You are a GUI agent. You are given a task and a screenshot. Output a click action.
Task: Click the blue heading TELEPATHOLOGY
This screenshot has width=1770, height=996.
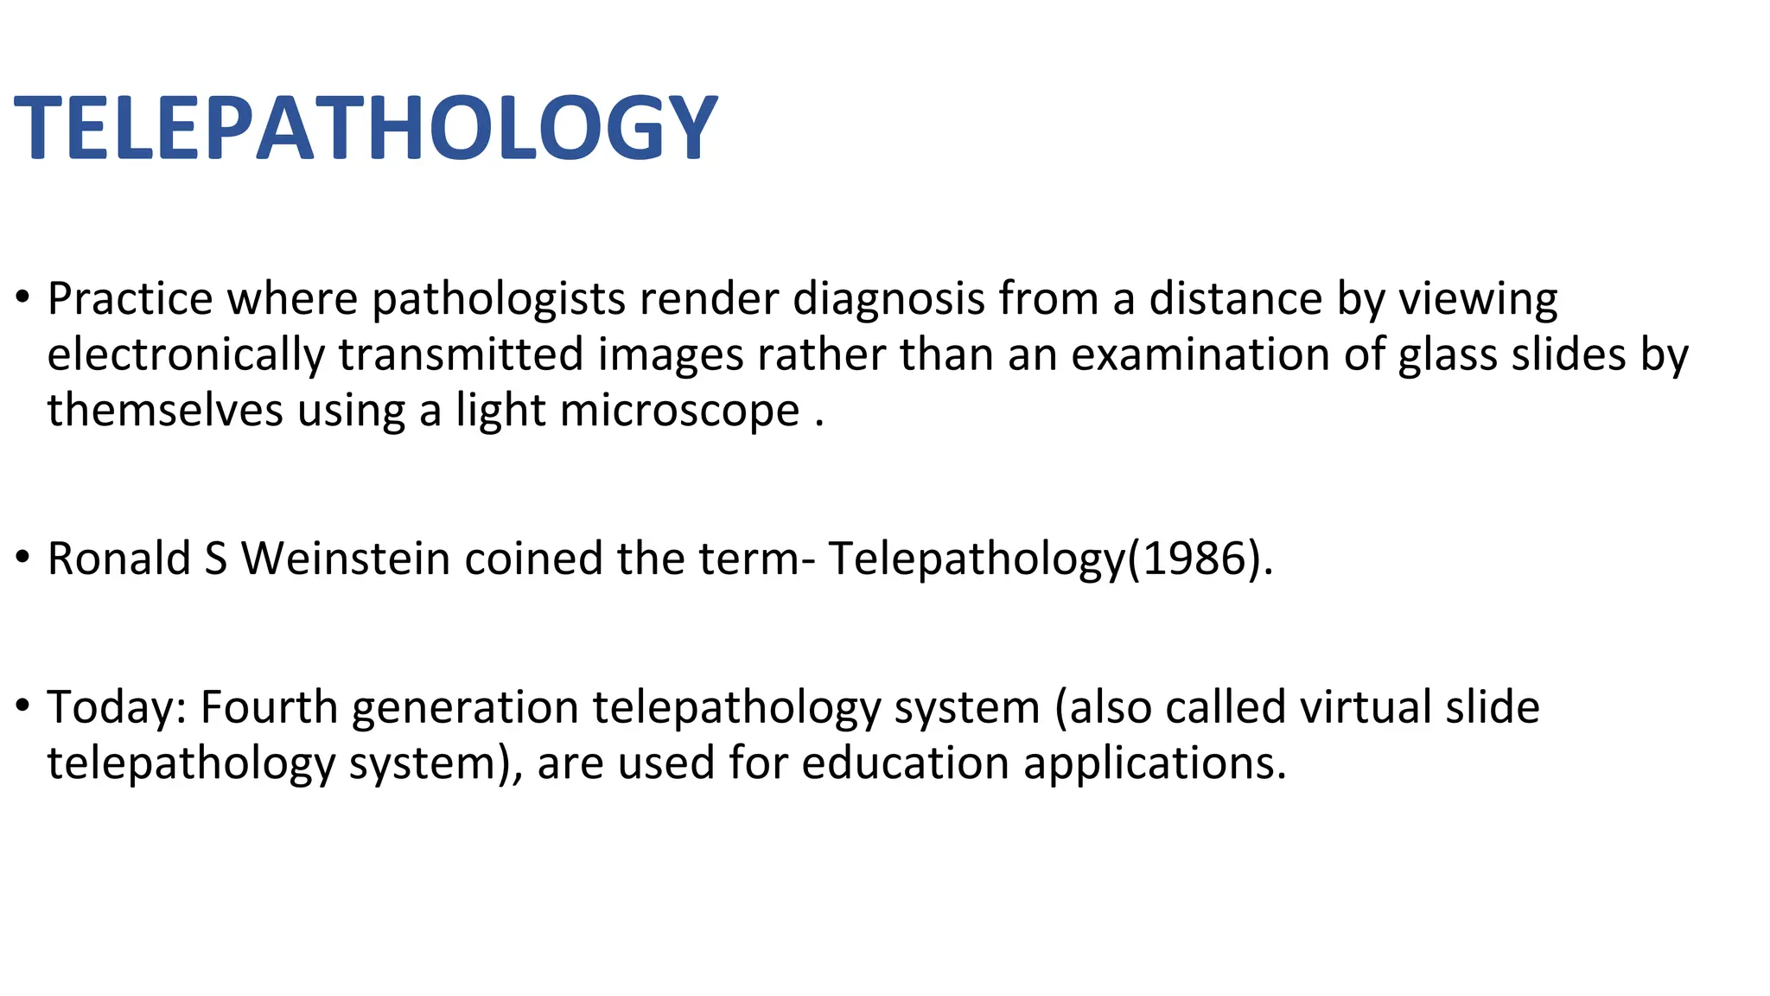click(366, 128)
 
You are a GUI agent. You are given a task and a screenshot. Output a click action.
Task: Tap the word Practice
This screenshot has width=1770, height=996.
click(130, 299)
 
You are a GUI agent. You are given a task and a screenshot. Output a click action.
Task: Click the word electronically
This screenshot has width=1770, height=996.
click(186, 356)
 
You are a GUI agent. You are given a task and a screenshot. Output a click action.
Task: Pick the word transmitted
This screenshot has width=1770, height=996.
click(461, 355)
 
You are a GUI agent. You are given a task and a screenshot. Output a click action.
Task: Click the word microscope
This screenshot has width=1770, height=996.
click(679, 412)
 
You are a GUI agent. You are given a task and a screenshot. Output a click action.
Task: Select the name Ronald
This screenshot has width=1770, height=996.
click(118, 559)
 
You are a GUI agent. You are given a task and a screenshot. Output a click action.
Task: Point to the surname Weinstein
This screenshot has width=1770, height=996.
click(346, 559)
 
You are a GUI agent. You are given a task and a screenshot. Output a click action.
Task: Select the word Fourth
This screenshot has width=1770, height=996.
click(269, 707)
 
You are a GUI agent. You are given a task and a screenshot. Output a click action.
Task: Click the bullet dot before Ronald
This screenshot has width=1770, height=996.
click(22, 558)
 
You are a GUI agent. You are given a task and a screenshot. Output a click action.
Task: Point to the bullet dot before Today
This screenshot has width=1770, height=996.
click(22, 706)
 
